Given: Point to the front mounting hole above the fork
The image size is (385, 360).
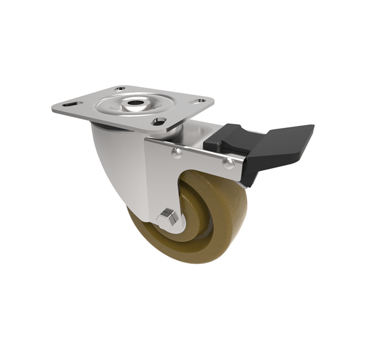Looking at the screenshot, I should pos(158,121).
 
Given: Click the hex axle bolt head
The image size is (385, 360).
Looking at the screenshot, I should pos(168,218).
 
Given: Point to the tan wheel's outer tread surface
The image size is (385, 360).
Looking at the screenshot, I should pos(150,252).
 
